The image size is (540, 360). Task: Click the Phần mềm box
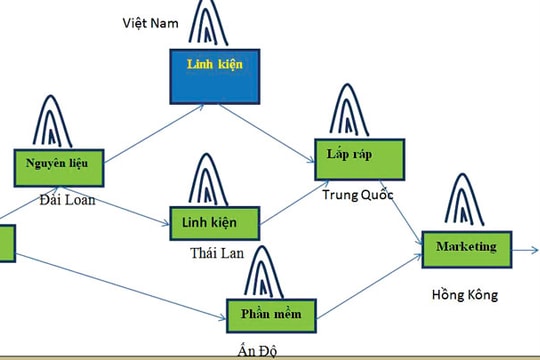[271, 313]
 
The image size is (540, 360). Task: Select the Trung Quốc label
[358, 193]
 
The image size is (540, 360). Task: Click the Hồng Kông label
[465, 296]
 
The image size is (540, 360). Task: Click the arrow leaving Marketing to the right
[525, 248]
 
